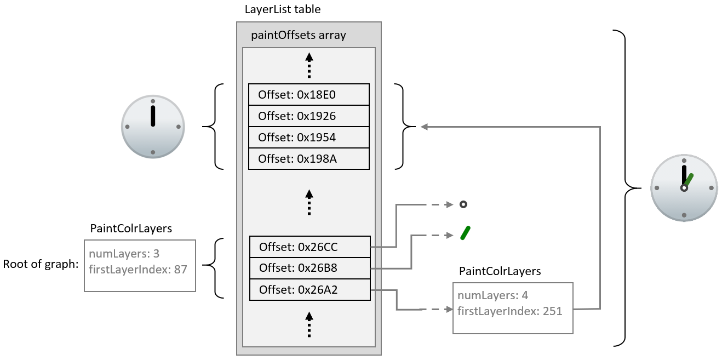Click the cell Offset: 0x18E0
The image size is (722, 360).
[308, 95]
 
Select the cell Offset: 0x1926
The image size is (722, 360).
[308, 116]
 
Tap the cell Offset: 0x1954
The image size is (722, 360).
[308, 138]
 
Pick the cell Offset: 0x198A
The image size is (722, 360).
[308, 159]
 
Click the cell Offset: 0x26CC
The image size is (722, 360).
[310, 247]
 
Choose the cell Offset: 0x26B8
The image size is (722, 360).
[310, 268]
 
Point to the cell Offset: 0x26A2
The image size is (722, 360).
[310, 289]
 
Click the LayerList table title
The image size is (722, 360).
[282, 9]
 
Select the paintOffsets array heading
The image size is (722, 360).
[298, 36]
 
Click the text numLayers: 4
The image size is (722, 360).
[492, 296]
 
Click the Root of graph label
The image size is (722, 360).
[41, 264]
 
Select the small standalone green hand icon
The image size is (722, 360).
[466, 233]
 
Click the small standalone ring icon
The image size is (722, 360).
[463, 204]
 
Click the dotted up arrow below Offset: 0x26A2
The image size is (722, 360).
[309, 324]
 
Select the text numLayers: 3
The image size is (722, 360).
[123, 254]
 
